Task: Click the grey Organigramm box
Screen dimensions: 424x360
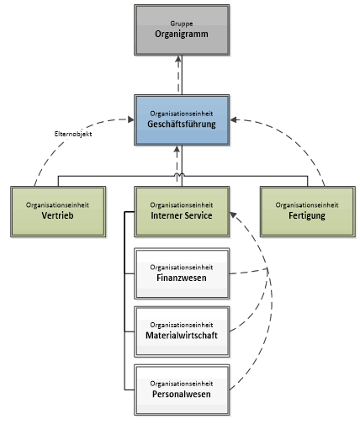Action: tap(181, 30)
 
